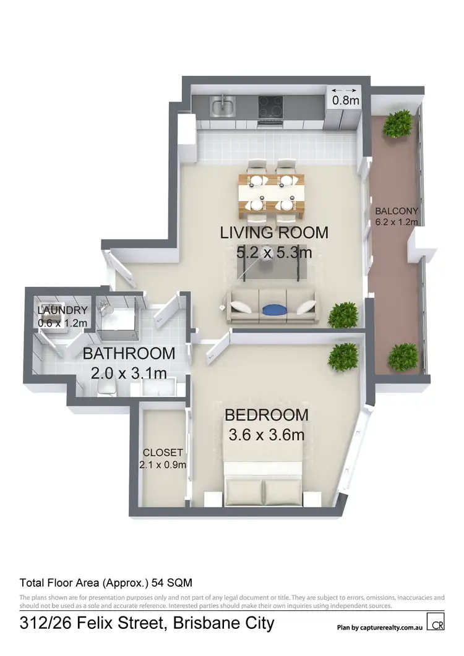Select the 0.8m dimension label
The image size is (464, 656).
345,99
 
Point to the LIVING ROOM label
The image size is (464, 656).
274,233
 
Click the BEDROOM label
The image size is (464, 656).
266,415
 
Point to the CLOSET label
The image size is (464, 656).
163,452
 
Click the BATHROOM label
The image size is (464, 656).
129,354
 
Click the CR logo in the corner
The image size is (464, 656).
437,623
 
